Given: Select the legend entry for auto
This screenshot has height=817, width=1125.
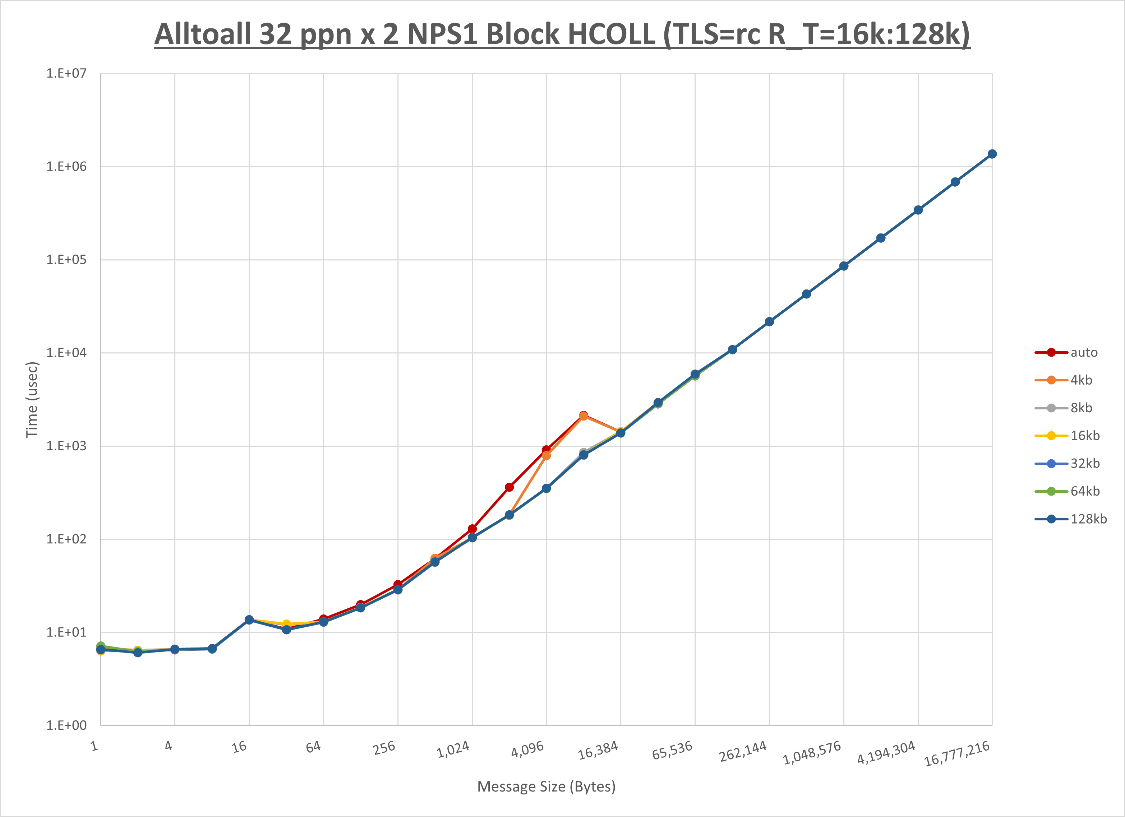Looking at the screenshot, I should [1084, 353].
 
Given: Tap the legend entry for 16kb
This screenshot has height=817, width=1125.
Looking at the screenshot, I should [1084, 436].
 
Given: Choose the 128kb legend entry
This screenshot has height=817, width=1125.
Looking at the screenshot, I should [1088, 519].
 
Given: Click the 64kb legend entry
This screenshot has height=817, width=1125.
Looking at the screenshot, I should [1084, 491].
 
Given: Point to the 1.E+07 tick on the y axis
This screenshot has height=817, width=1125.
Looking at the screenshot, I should [66, 73].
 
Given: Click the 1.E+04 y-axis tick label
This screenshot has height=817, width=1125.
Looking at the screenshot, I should [66, 353].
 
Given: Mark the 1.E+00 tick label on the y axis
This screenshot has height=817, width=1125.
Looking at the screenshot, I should [66, 726].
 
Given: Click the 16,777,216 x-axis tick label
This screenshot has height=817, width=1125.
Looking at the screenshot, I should [957, 753].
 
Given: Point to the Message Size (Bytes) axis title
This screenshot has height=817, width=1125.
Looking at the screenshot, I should [546, 787].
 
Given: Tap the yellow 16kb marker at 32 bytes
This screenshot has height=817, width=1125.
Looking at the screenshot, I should [286, 624].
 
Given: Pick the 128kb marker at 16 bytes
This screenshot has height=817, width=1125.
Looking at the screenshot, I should [249, 620].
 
